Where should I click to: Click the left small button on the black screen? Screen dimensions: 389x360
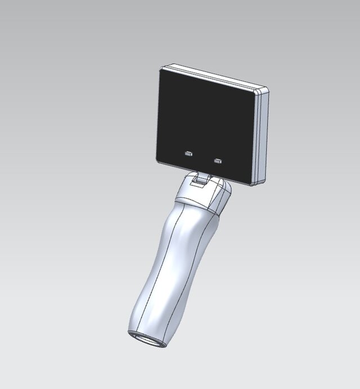tap(189, 153)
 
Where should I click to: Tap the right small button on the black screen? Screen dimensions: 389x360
tap(218, 161)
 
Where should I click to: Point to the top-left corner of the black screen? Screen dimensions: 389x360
tap(161, 70)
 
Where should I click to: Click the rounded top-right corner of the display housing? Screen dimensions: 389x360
tap(264, 88)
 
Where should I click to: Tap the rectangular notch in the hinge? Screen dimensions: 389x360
tap(199, 182)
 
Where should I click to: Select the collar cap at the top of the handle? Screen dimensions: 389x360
tap(202, 194)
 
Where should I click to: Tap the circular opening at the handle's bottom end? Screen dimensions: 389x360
tap(147, 339)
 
